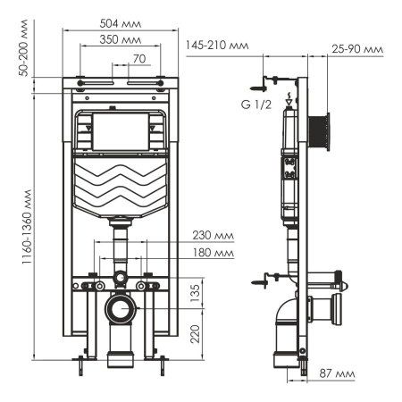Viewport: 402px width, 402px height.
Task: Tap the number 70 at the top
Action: pyautogui.click(x=138, y=59)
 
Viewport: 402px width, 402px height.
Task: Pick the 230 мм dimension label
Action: pyautogui.click(x=212, y=237)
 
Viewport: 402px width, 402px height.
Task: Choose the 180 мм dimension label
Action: pyautogui.click(x=212, y=255)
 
